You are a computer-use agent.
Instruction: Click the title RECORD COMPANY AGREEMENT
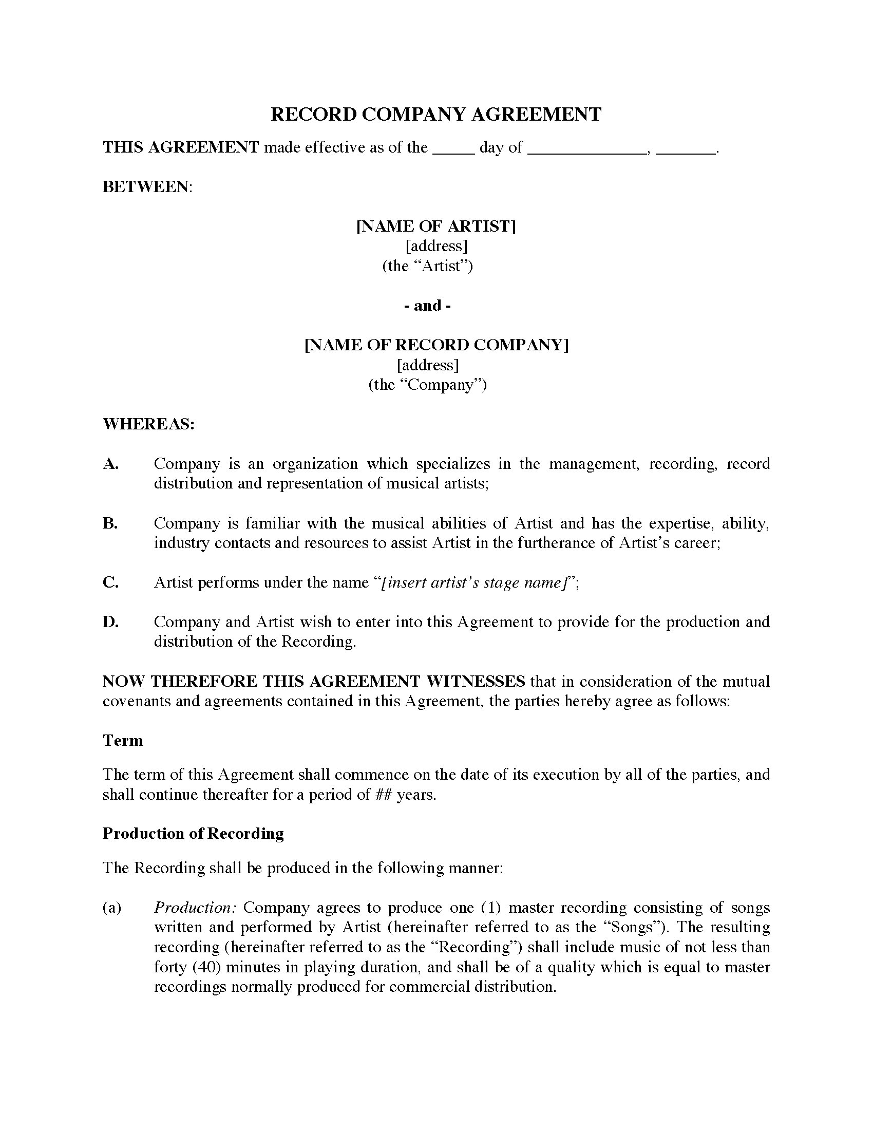pos(436,115)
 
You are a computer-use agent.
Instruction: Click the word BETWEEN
pos(146,187)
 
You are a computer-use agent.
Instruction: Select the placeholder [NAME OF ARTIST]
pos(436,227)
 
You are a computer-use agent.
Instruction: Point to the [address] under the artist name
pos(436,246)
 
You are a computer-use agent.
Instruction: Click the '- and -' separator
pos(427,306)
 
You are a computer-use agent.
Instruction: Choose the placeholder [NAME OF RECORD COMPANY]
pos(436,345)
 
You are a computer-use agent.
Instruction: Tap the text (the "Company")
pos(428,385)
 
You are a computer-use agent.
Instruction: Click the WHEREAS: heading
pos(148,424)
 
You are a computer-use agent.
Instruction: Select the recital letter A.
pos(110,464)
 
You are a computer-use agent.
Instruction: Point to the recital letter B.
pos(110,523)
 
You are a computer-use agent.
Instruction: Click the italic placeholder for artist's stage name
pos(475,583)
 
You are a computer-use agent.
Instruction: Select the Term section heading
pos(123,741)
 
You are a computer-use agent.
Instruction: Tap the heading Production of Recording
pos(193,834)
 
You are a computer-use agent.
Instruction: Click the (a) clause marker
pos(112,908)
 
